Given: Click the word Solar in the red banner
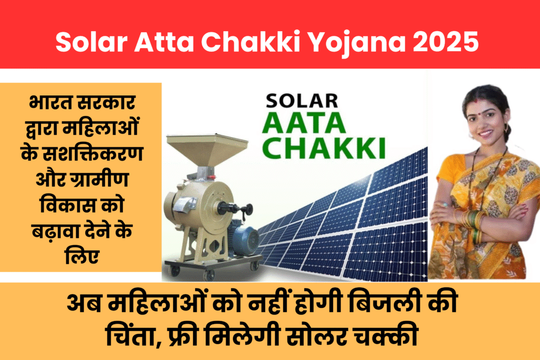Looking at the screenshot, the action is point(91,42).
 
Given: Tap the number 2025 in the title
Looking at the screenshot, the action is point(446,42).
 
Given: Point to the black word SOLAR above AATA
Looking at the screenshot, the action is point(302,101).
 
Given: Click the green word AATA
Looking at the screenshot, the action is point(304,123).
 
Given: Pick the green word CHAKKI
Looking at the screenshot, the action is point(324,148).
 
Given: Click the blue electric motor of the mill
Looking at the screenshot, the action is point(246,236).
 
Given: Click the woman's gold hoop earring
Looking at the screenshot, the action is point(506,128).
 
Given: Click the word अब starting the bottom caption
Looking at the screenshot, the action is point(84,304).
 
